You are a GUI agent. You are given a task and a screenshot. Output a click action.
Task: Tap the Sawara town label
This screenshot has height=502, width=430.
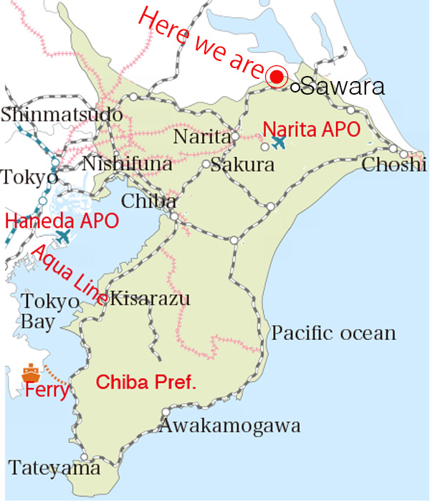(x=343, y=87)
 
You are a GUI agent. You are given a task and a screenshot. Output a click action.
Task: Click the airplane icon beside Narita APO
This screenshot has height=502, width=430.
(x=278, y=142)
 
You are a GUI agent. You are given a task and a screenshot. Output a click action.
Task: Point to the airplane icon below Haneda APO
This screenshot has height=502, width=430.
(x=64, y=235)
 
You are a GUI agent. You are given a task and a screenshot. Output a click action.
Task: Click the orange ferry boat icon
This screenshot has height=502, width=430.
(x=31, y=373)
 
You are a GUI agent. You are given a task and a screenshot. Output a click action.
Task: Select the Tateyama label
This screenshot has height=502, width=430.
(x=54, y=469)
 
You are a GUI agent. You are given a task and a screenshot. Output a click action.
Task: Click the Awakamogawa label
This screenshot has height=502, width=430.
(x=229, y=427)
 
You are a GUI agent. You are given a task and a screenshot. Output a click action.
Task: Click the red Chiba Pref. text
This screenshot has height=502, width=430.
(x=146, y=382)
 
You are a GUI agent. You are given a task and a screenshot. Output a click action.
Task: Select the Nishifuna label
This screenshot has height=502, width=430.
(x=128, y=165)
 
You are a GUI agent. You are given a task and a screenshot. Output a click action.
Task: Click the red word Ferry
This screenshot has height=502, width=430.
(x=47, y=391)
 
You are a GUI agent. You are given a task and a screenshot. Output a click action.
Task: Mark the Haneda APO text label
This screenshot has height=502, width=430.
(x=62, y=221)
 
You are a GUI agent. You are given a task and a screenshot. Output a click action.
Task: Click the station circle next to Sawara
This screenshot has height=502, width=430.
(x=296, y=88)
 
